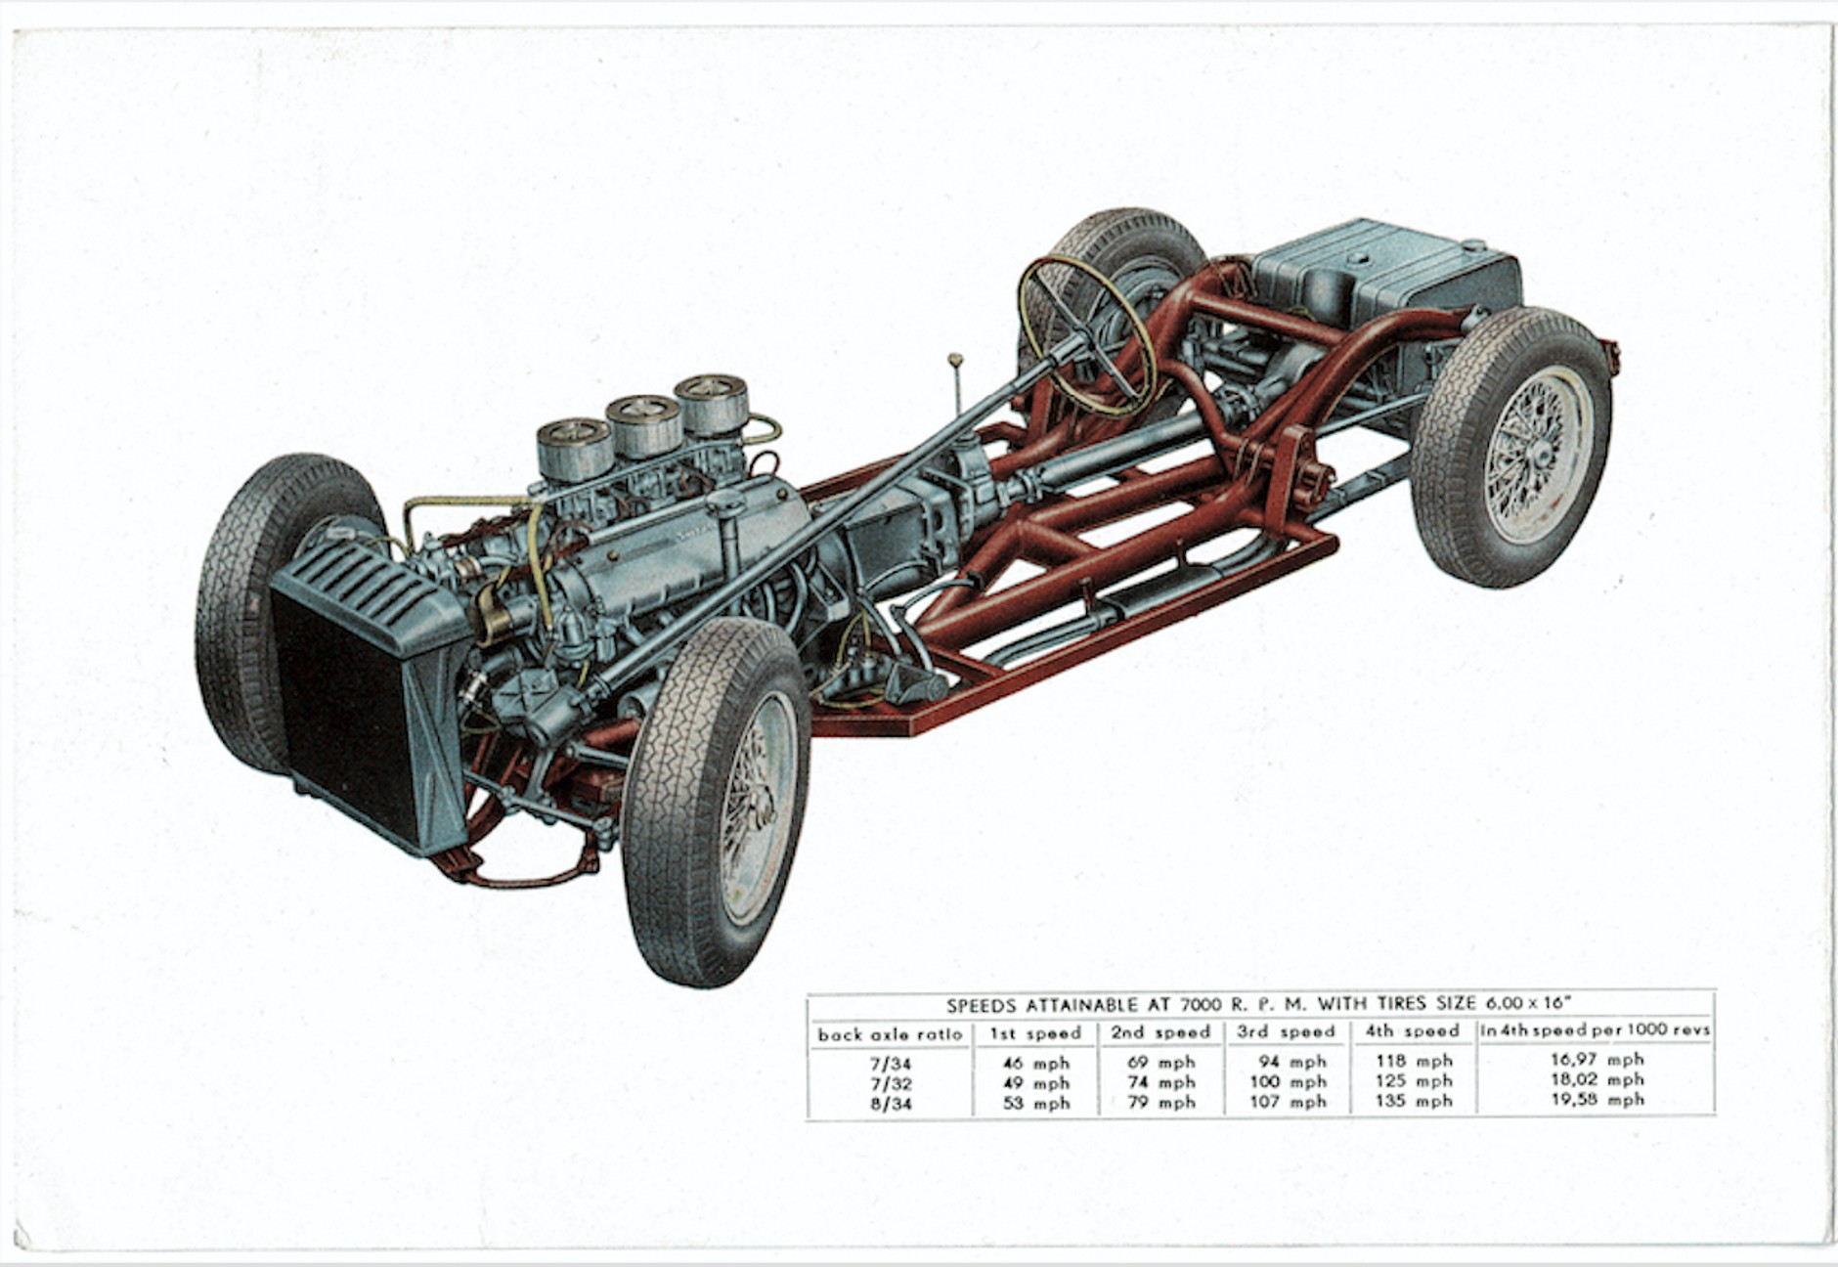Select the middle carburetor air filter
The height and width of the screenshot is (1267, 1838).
[x=643, y=422]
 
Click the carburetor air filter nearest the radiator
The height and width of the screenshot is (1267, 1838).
[x=575, y=448]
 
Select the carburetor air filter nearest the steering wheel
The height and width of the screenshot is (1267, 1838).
[x=712, y=401]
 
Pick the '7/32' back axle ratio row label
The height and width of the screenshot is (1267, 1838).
[x=889, y=1083]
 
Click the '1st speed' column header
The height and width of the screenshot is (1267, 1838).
[x=1035, y=1032]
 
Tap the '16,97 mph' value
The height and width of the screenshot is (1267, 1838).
[x=1597, y=1059]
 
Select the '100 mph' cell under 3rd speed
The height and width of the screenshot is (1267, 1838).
[x=1288, y=1081]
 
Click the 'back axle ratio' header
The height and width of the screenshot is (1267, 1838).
[x=890, y=1033]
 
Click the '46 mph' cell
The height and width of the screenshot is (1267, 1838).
[x=1035, y=1063]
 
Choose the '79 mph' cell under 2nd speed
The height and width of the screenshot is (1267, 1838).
[x=1160, y=1103]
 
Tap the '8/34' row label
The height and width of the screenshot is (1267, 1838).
[x=889, y=1104]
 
